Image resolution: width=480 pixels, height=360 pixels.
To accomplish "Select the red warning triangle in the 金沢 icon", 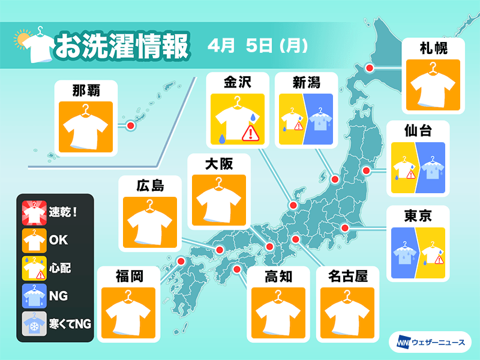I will click(248, 133).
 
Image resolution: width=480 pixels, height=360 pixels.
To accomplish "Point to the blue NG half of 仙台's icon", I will click(432, 168).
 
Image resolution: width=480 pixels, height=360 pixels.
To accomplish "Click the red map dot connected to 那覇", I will click(130, 126).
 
